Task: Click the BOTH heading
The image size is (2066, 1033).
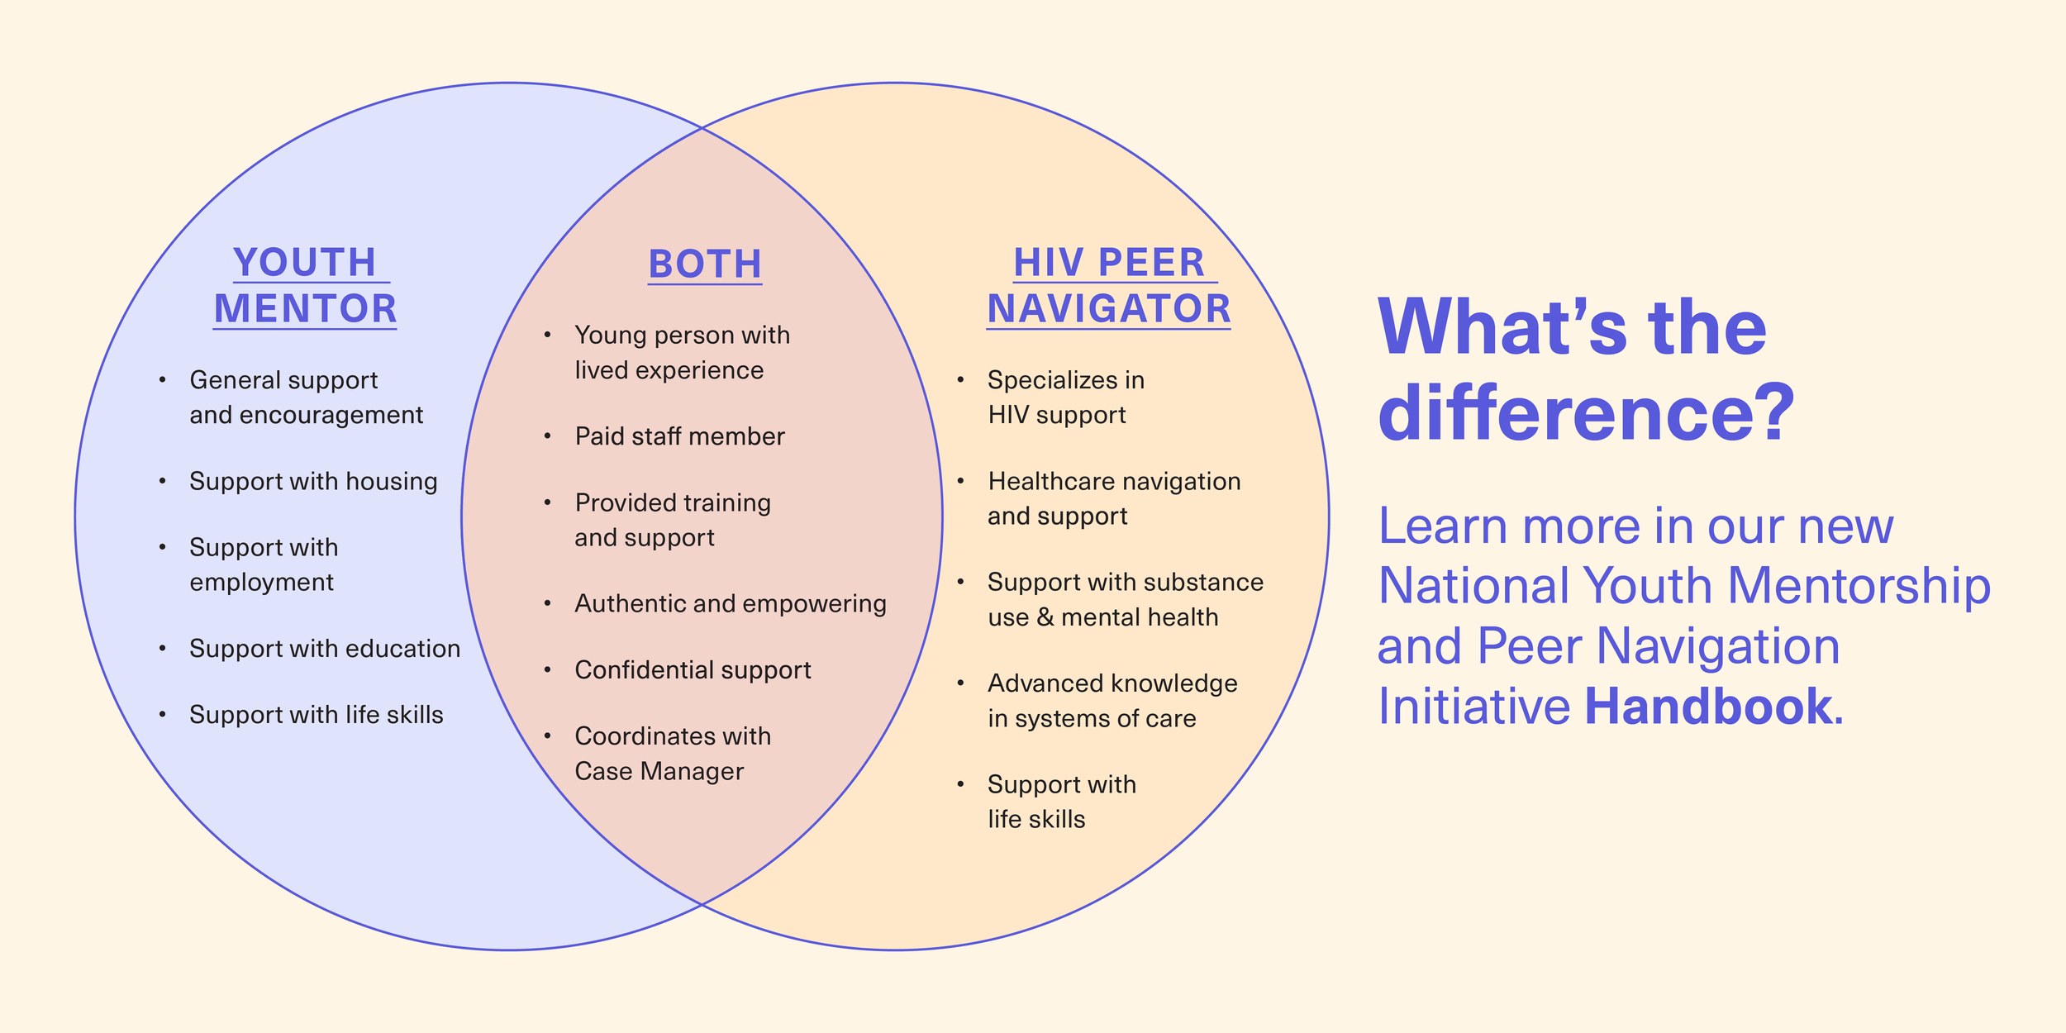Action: tap(705, 264)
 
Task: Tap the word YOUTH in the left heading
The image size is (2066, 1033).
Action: tap(305, 263)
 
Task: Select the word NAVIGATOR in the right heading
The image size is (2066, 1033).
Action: tap(1109, 309)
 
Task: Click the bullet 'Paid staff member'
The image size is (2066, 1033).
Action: tap(679, 436)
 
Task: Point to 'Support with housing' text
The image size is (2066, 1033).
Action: tap(313, 481)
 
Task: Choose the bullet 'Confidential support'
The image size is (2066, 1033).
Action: tap(693, 669)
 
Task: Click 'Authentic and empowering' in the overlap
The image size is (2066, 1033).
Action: tap(731, 603)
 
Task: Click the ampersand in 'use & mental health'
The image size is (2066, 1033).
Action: tap(1045, 617)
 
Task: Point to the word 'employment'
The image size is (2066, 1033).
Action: tap(261, 583)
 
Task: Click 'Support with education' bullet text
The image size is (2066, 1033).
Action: tap(325, 649)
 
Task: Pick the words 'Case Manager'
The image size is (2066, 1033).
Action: tap(659, 771)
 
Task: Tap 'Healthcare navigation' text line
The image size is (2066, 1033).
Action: tap(1114, 481)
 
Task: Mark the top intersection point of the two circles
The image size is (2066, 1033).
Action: tap(702, 128)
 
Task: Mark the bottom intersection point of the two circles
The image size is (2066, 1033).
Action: tap(702, 904)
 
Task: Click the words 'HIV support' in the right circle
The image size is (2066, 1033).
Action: tap(1056, 415)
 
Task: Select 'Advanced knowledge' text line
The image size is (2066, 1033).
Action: tap(1112, 683)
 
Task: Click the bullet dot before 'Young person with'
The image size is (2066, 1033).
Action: tap(547, 335)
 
